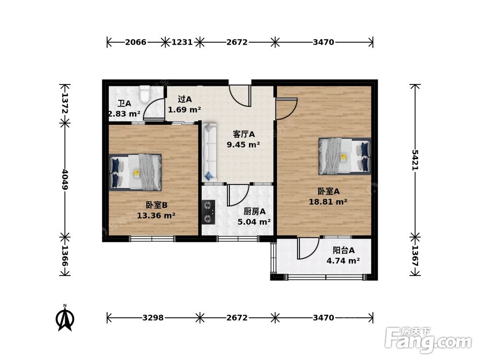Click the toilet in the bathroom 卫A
pyautogui.click(x=144, y=94)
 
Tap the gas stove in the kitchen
pyautogui.click(x=208, y=212)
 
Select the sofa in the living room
pyautogui.click(x=209, y=152)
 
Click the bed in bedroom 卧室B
pyautogui.click(x=135, y=172)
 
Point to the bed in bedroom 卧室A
pyautogui.click(x=345, y=156)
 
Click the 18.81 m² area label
pyautogui.click(x=328, y=202)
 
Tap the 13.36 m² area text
pyautogui.click(x=156, y=216)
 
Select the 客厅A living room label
pyautogui.click(x=244, y=134)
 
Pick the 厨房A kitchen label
pyautogui.click(x=254, y=211)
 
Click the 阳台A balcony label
pyautogui.click(x=344, y=250)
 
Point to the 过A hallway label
pyautogui.click(x=185, y=99)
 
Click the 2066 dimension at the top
pyautogui.click(x=136, y=42)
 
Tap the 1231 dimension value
pyautogui.click(x=182, y=42)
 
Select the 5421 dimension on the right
pyautogui.click(x=415, y=160)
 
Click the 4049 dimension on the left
pyautogui.click(x=65, y=179)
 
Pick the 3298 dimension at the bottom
pyautogui.click(x=153, y=318)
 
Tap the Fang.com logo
pyautogui.click(x=428, y=340)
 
